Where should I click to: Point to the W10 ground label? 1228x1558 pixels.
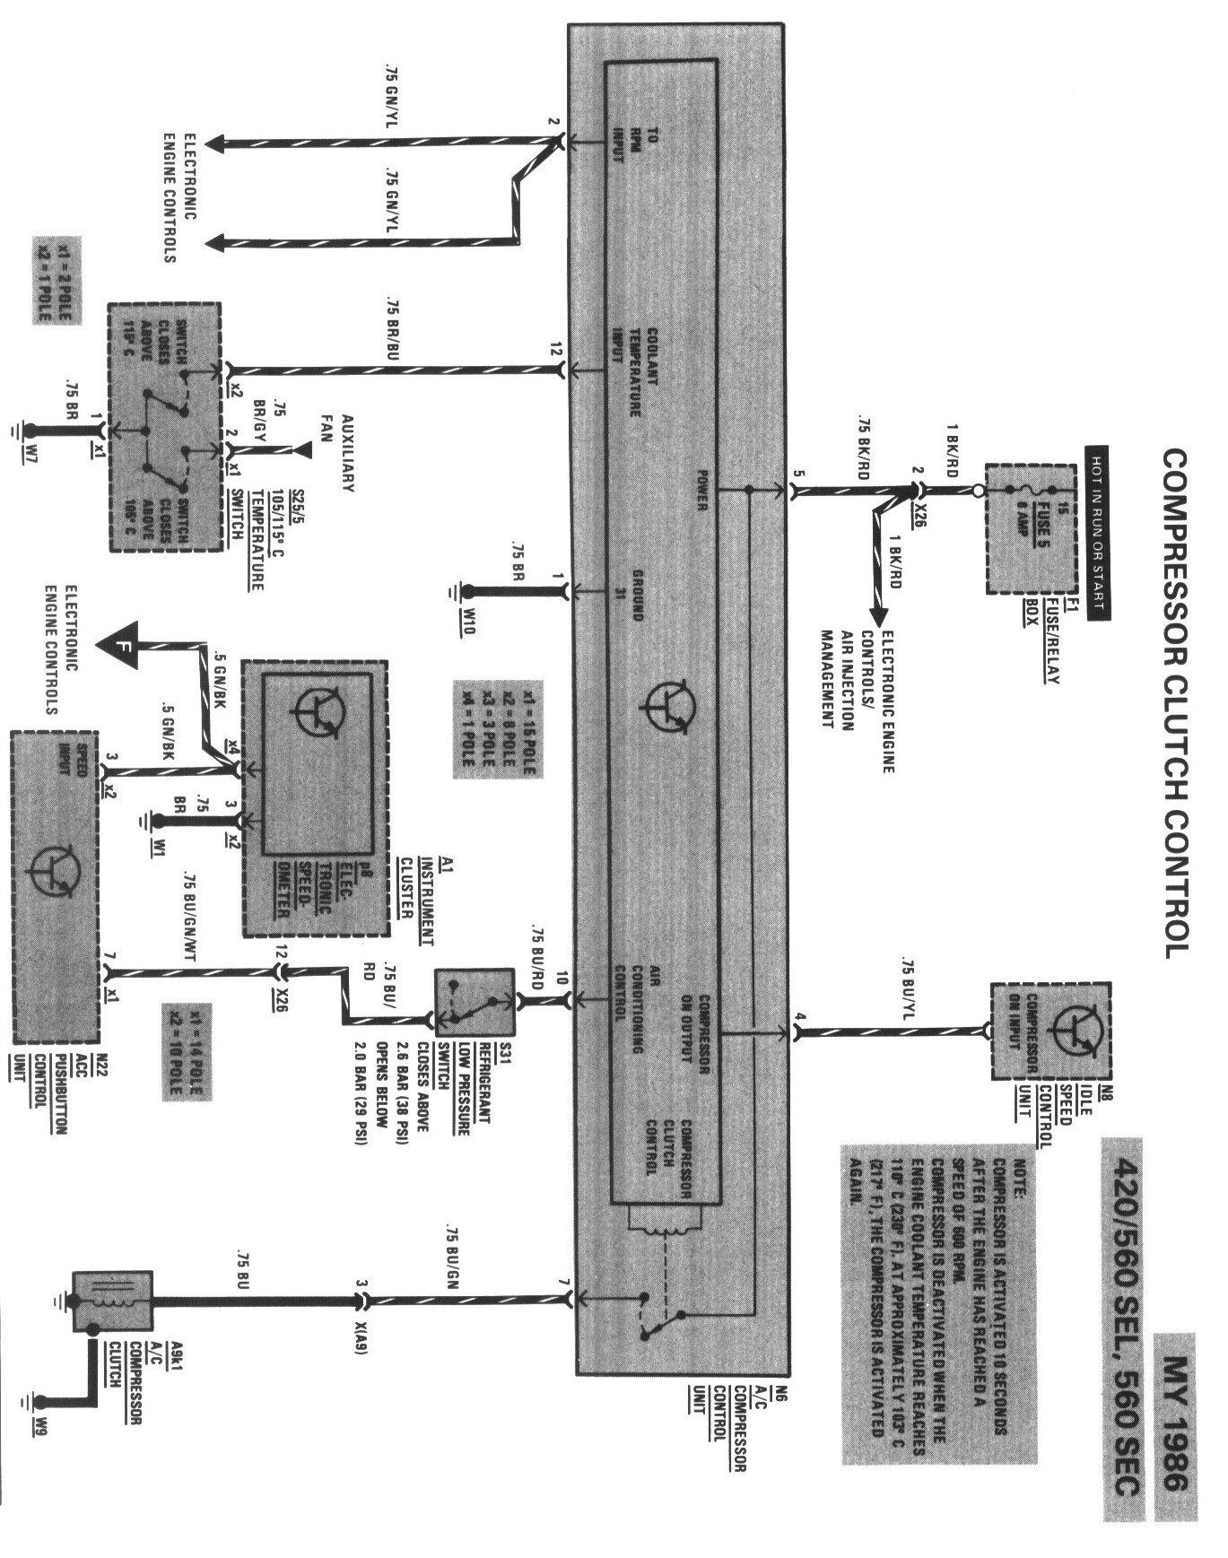coord(466,620)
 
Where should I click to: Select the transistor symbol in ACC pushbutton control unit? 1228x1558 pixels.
coord(56,872)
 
